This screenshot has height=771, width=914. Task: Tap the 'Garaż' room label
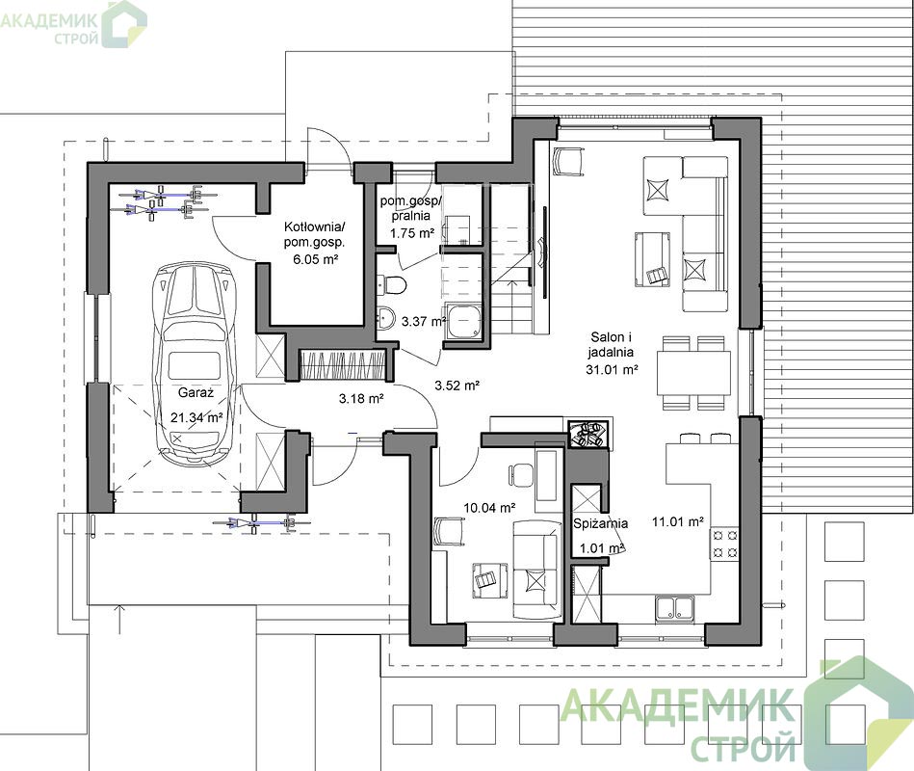pyautogui.click(x=196, y=392)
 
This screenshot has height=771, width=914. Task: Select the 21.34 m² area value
pyautogui.click(x=197, y=417)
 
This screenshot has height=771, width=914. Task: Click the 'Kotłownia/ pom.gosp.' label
pyautogui.click(x=314, y=234)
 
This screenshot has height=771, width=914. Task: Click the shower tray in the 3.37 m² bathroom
pyautogui.click(x=464, y=321)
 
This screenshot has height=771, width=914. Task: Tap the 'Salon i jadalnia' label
pyautogui.click(x=611, y=344)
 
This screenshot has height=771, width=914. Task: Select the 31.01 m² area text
pyautogui.click(x=612, y=369)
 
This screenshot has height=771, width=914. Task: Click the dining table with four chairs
pyautogui.click(x=693, y=373)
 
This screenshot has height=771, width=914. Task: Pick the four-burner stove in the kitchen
pyautogui.click(x=724, y=544)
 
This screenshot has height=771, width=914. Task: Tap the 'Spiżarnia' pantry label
pyautogui.click(x=600, y=523)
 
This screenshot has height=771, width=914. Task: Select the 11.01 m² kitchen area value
pyautogui.click(x=678, y=522)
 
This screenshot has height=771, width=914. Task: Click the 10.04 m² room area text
pyautogui.click(x=489, y=508)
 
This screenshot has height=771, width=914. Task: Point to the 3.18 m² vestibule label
pyautogui.click(x=361, y=399)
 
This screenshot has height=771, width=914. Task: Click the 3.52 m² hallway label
pyautogui.click(x=457, y=385)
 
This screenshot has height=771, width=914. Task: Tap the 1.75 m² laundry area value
pyautogui.click(x=412, y=233)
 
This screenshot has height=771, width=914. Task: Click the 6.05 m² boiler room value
pyautogui.click(x=315, y=259)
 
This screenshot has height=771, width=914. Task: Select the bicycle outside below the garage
pyautogui.click(x=261, y=523)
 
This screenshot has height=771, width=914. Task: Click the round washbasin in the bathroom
pyautogui.click(x=386, y=318)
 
